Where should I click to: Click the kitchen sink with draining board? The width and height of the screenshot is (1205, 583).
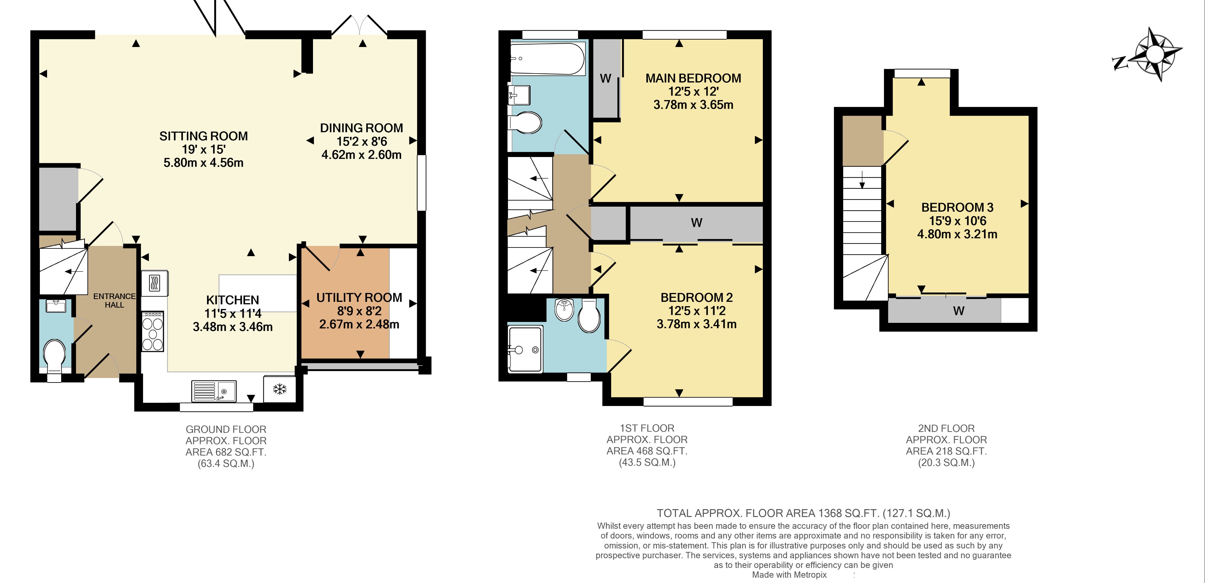(214, 391)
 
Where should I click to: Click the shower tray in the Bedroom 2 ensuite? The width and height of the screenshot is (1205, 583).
(525, 349)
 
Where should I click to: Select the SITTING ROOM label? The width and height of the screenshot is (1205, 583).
(204, 136)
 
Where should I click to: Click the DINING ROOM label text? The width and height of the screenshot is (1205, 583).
(361, 128)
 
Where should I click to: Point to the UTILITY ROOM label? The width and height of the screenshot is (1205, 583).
(359, 298)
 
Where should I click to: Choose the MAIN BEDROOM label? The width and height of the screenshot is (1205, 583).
(693, 78)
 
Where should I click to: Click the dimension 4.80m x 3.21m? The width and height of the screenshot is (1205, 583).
(957, 234)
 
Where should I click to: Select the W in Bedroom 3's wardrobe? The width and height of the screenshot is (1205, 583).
(958, 311)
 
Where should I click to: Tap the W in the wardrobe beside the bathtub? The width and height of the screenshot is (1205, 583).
(605, 78)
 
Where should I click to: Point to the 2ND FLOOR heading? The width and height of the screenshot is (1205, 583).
(946, 428)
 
